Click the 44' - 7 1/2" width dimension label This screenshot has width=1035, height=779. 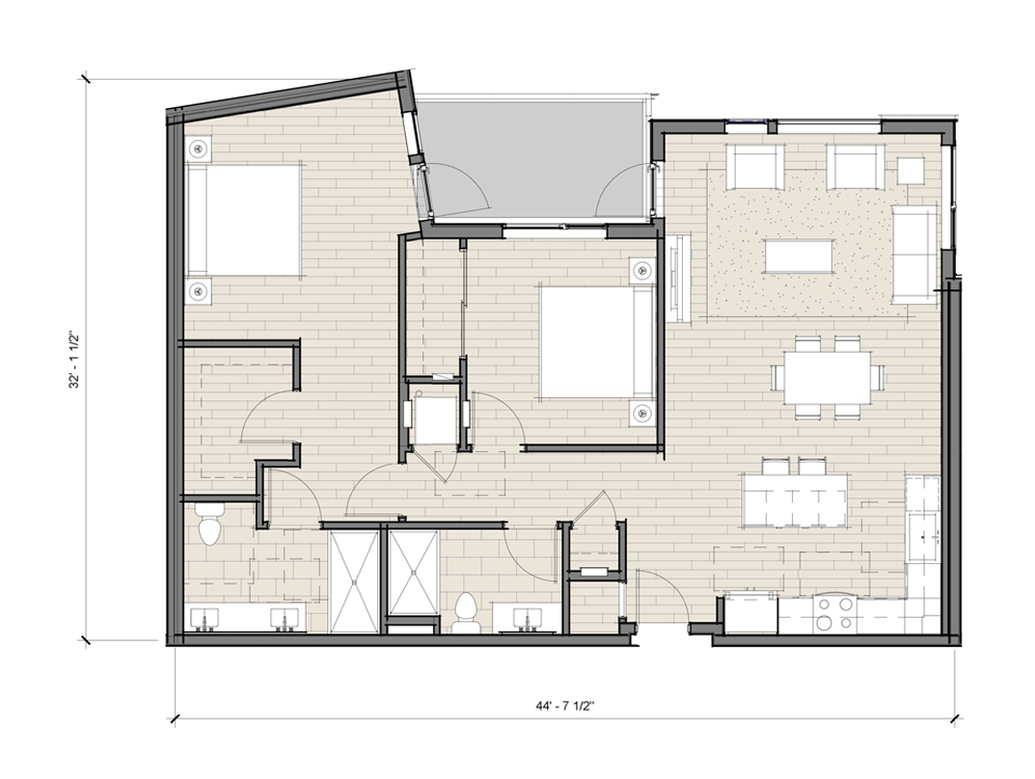(x=565, y=706)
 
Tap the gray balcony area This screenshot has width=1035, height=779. (x=534, y=158)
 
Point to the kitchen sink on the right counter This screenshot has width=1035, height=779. (x=923, y=537)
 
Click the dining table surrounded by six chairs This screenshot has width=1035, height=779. (x=828, y=377)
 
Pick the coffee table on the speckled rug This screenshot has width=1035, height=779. (x=798, y=255)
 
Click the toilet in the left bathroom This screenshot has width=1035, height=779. (x=210, y=524)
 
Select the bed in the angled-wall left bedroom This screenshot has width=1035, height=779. (x=244, y=220)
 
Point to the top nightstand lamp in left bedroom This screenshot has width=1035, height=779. (x=198, y=148)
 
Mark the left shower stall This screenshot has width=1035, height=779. (x=354, y=581)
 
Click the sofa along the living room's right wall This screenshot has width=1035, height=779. (x=914, y=255)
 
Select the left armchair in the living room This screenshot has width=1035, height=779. (x=754, y=167)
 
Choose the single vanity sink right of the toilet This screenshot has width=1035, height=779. (x=528, y=619)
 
